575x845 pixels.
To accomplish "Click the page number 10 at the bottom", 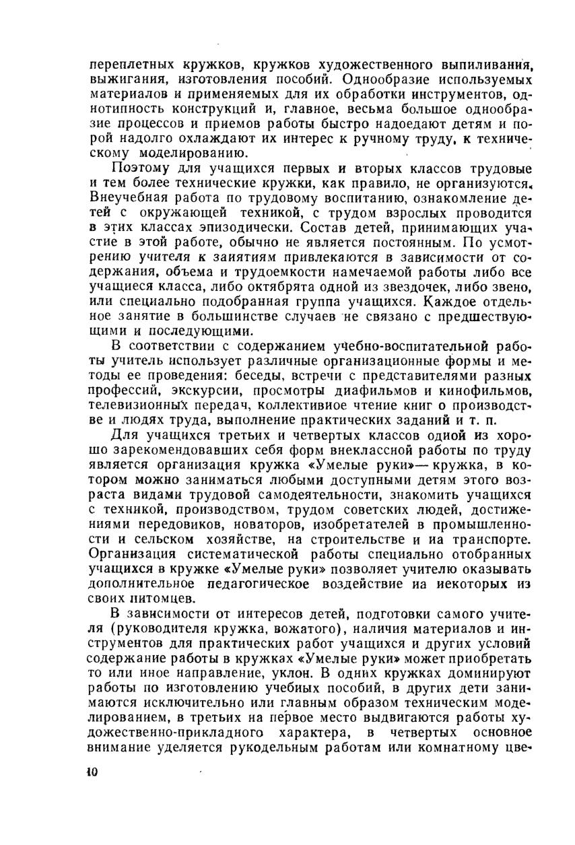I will (93, 772).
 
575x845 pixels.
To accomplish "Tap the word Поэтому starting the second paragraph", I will (141, 168).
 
